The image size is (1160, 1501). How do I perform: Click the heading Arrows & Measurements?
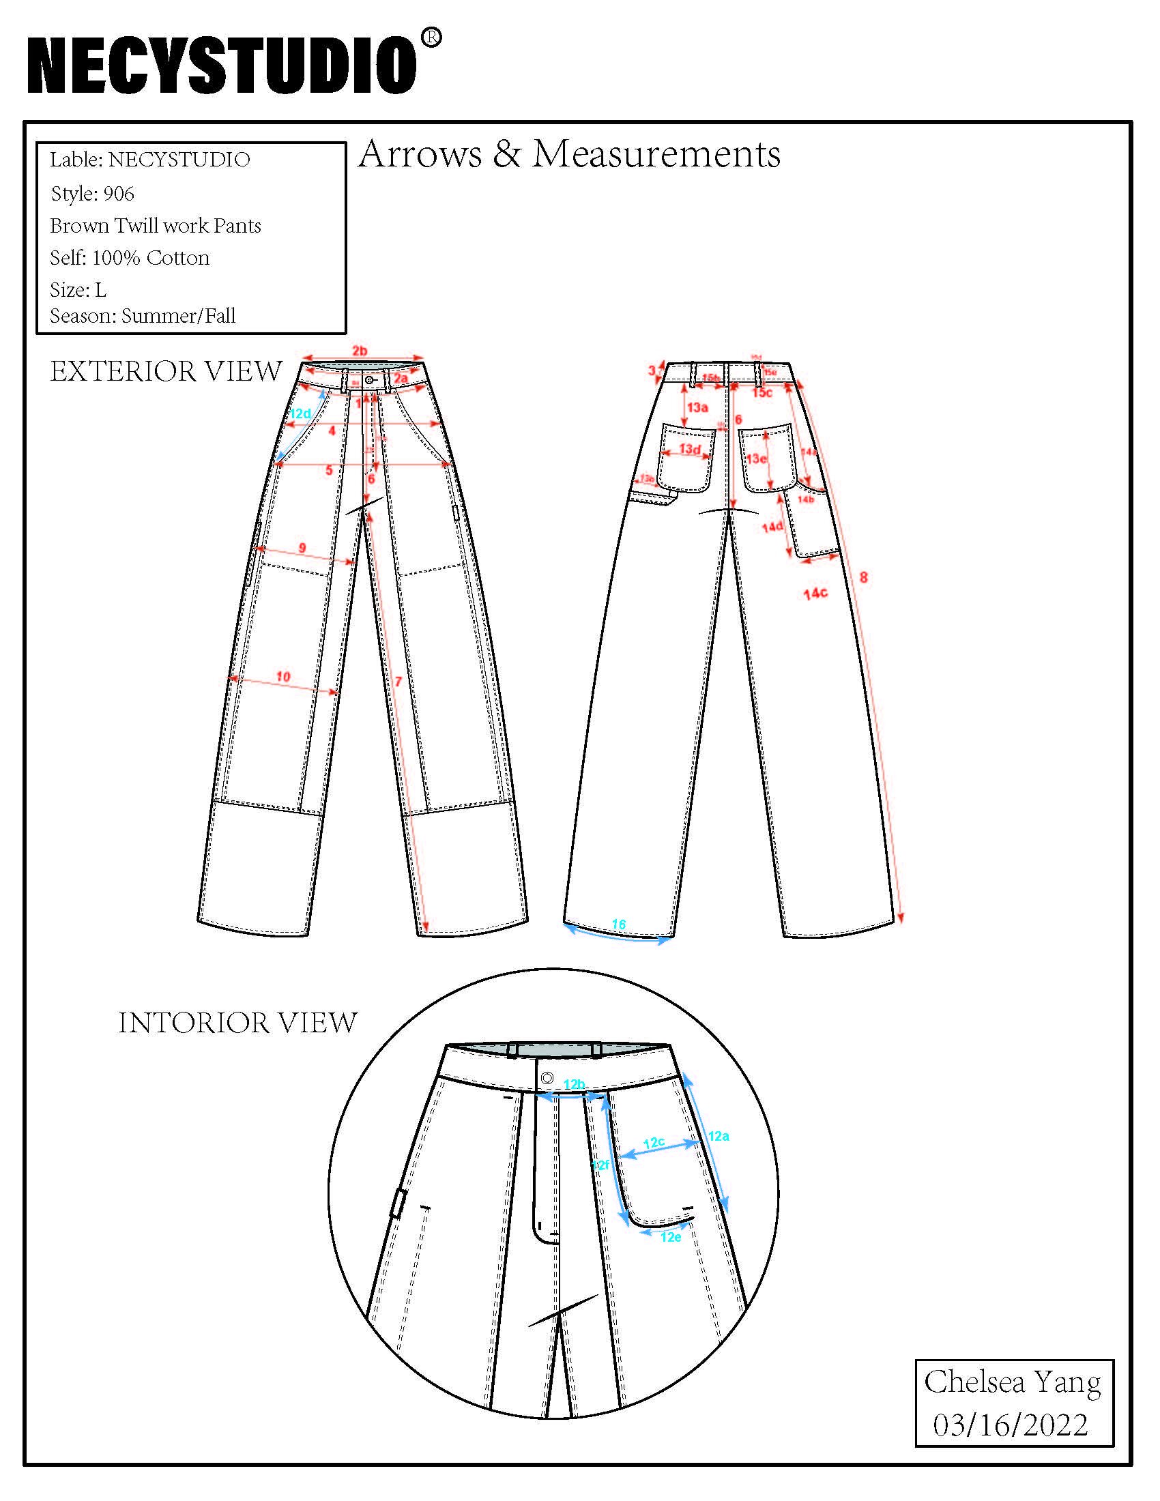pos(569,154)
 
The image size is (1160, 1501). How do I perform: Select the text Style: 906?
pos(92,194)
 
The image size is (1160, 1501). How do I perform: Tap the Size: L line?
pos(78,289)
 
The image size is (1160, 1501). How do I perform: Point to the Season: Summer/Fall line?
pos(142,315)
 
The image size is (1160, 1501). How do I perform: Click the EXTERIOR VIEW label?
pos(166,372)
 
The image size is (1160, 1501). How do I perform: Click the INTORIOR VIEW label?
pos(237,1023)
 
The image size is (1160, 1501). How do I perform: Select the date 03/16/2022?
pos(1010,1425)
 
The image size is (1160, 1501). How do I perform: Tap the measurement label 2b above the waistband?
pos(360,351)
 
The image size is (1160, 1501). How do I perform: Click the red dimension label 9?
pos(302,548)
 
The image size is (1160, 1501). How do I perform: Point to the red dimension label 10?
pos(283,676)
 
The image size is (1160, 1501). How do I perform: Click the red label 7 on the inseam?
pos(398,682)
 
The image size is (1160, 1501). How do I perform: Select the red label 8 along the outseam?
pos(863,577)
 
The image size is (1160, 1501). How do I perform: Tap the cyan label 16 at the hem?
pos(618,924)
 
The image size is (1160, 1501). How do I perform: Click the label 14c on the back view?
pos(815,592)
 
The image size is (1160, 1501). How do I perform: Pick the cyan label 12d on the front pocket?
pos(300,413)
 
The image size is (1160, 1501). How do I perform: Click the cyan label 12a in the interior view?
pos(719,1136)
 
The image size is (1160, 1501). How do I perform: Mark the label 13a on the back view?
pos(697,407)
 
